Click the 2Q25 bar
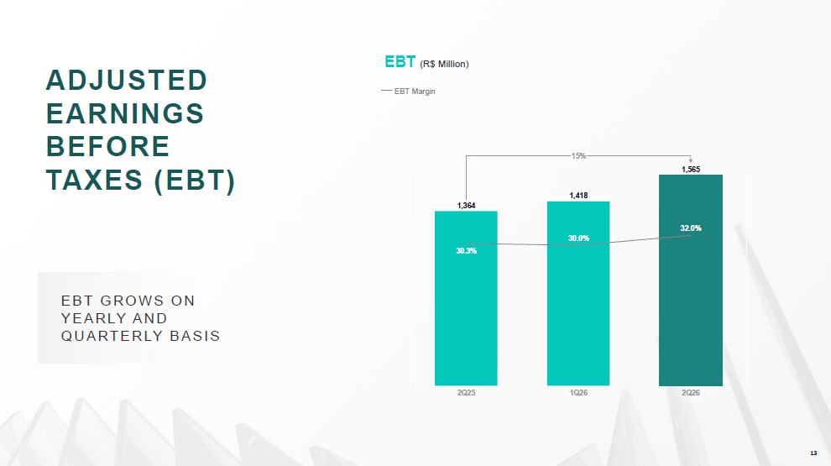(466, 298)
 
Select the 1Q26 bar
(578, 293)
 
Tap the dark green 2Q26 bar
(691, 280)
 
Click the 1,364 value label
(467, 206)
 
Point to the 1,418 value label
(578, 196)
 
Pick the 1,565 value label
(691, 170)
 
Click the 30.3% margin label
(467, 251)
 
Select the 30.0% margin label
(578, 238)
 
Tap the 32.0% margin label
(691, 228)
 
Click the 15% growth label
(578, 156)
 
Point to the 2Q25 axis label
(467, 393)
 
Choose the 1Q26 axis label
(578, 393)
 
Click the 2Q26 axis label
(691, 393)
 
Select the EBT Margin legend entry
(408, 92)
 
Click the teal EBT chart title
(400, 62)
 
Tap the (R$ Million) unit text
(444, 64)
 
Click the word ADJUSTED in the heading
(126, 81)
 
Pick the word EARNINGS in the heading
(125, 113)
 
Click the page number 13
(813, 453)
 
